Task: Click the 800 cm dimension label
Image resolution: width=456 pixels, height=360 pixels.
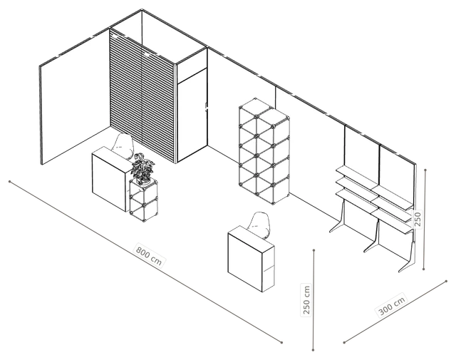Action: tap(149, 256)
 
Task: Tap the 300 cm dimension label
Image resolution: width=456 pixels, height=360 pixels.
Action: tap(392, 306)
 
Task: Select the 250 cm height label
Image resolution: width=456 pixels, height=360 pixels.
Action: tap(306, 300)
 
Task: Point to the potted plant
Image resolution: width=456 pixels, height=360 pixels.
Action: tap(142, 168)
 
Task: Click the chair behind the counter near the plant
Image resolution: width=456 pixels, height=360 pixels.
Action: tap(123, 145)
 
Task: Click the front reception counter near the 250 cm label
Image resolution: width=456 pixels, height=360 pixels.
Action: tap(251, 259)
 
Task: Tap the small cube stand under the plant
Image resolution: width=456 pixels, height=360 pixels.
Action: tap(144, 200)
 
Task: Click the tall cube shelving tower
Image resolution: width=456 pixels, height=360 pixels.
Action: tap(264, 151)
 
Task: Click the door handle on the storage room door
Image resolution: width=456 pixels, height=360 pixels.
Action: tap(206, 107)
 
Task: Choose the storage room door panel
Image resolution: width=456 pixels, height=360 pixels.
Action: tap(192, 114)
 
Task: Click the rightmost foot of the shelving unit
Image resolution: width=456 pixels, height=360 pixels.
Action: tap(408, 259)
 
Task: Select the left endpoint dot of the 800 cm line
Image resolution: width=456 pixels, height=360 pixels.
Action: tap(9, 182)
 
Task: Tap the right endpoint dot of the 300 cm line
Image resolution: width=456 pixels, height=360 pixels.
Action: tap(447, 281)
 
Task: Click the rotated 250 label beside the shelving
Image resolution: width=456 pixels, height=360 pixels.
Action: tap(418, 219)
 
